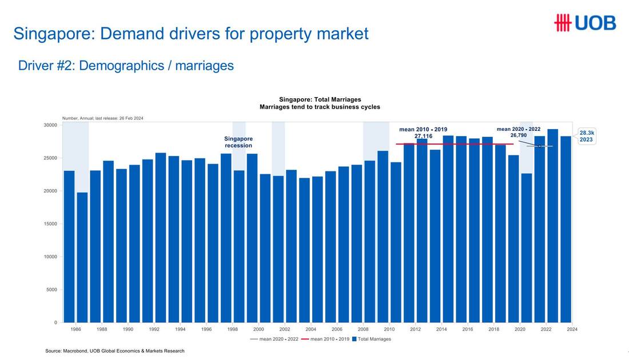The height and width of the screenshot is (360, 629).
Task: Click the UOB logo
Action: (585, 22)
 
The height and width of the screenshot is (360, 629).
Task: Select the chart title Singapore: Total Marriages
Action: (320, 99)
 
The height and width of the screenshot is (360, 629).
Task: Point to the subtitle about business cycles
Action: (320, 107)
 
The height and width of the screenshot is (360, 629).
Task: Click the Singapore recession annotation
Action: (238, 142)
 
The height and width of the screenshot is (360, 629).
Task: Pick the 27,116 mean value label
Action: (423, 137)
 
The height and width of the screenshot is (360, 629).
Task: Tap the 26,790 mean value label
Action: (518, 135)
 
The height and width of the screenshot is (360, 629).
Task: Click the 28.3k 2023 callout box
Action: (587, 137)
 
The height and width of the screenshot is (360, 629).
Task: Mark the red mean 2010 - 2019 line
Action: (455, 144)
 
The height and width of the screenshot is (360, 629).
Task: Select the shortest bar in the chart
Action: (82, 257)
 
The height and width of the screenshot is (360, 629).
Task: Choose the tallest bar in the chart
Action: (553, 226)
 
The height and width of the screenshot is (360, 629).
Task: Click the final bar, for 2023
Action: (566, 229)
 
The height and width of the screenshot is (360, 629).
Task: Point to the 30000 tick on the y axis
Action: (50, 125)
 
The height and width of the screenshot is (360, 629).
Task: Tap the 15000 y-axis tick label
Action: (50, 223)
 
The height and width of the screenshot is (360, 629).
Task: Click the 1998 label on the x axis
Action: (233, 329)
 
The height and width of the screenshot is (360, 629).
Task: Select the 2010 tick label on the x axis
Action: (389, 329)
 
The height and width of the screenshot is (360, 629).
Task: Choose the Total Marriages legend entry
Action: (372, 339)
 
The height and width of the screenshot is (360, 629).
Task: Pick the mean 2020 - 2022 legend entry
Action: (274, 339)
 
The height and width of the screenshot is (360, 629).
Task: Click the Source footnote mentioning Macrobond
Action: (115, 351)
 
